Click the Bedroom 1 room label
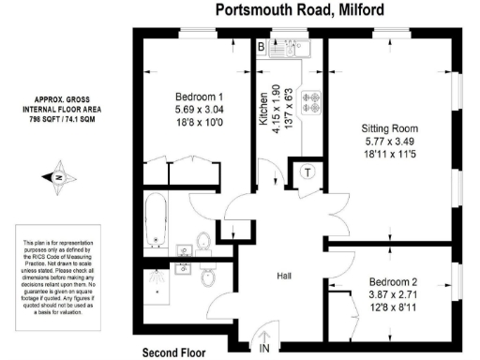tap(199, 97)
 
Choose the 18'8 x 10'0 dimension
tap(200, 123)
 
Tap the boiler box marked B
tap(262, 47)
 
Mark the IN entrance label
tap(264, 349)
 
